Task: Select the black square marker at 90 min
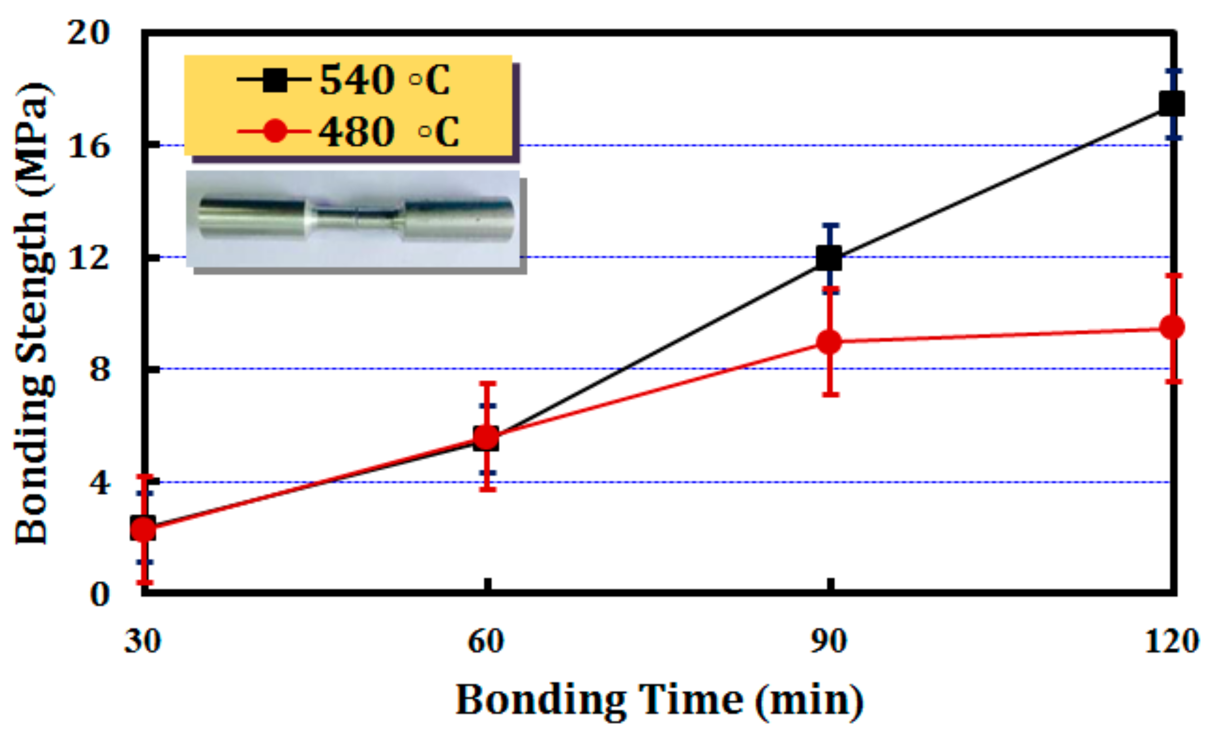[x=829, y=258]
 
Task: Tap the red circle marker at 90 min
[x=829, y=342]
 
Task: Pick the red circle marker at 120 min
[x=1172, y=327]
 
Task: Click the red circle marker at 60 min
[x=487, y=437]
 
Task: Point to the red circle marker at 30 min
[x=143, y=529]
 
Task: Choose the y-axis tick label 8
[x=99, y=369]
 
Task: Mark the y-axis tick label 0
[x=99, y=594]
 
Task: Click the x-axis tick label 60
[x=487, y=641]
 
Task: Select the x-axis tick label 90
[x=829, y=641]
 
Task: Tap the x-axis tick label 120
[x=1171, y=641]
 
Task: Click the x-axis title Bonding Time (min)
[x=659, y=701]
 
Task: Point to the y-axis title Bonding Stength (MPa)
[x=34, y=313]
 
